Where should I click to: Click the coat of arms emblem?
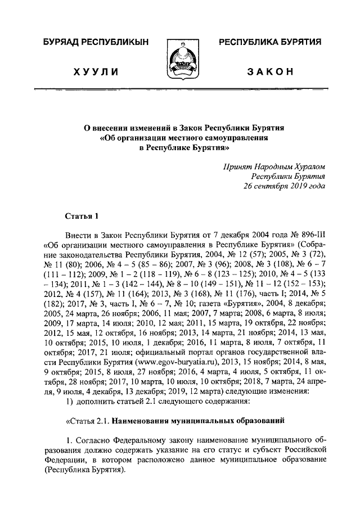pos(179,60)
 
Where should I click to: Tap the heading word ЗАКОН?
pos(270,71)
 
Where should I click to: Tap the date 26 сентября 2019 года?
pos(284,186)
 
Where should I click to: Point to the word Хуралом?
pos(308,166)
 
